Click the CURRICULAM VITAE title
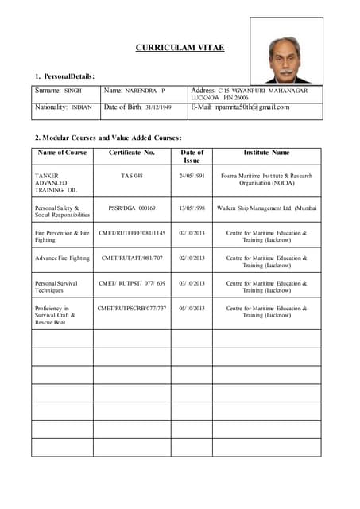(180, 48)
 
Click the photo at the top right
(286, 50)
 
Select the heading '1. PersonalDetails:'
(65, 76)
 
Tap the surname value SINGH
(73, 91)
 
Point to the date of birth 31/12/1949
(158, 107)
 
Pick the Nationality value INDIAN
(81, 107)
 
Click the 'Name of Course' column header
(62, 152)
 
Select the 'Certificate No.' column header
(131, 152)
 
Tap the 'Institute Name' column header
(266, 152)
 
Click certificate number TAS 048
(132, 176)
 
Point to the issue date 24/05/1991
(192, 176)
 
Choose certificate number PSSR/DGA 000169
(132, 208)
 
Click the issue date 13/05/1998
(192, 208)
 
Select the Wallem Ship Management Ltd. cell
(266, 208)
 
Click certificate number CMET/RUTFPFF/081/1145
(132, 233)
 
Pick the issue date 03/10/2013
(192, 283)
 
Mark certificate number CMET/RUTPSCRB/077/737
(132, 308)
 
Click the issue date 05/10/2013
(192, 308)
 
